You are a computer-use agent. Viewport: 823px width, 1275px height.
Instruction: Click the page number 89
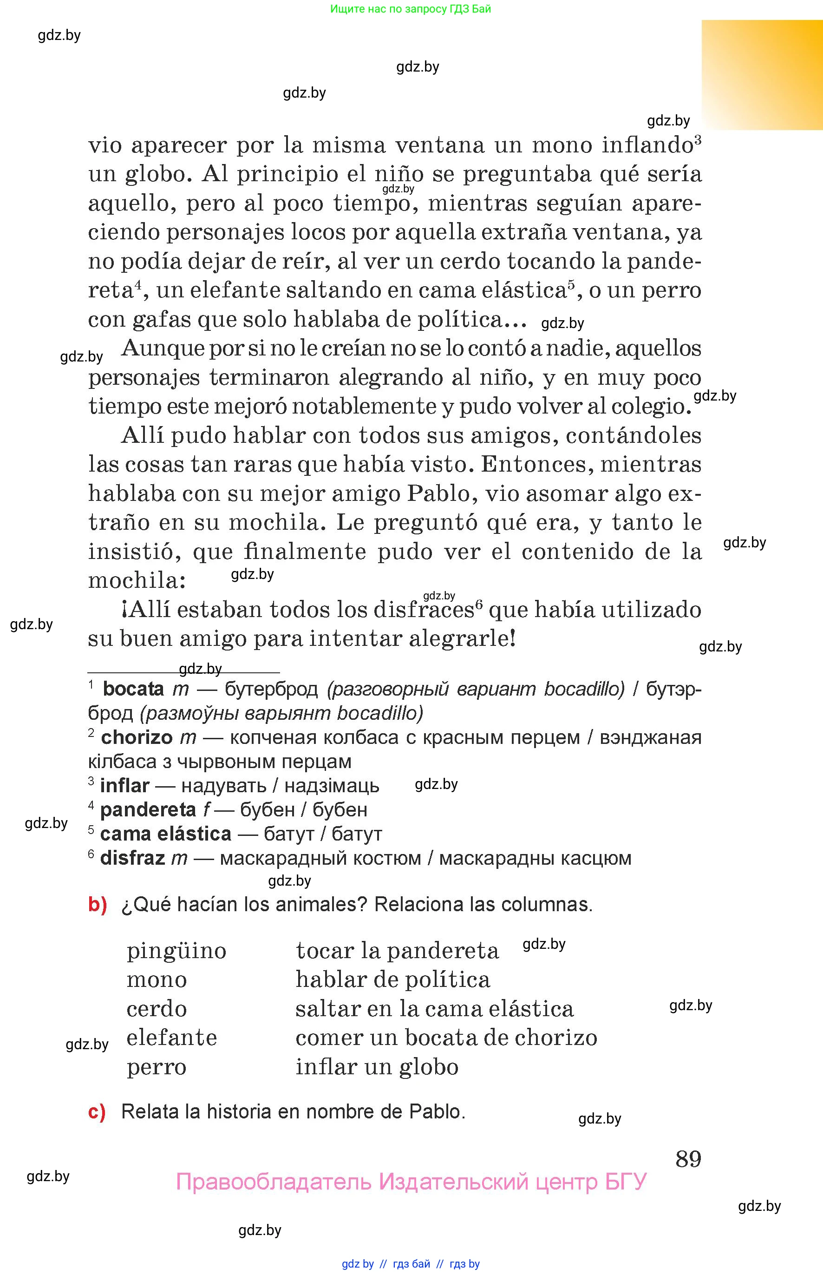coord(688,1159)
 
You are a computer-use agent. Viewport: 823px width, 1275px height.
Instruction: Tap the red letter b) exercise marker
coord(97,904)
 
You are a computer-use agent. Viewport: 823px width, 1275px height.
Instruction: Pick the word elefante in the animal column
coord(171,1038)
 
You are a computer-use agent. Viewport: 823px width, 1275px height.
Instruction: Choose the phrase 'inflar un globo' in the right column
coord(377,1067)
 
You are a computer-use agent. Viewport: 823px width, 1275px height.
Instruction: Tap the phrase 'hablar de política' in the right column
coord(393,980)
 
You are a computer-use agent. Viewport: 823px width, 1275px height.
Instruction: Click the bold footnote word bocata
coord(133,689)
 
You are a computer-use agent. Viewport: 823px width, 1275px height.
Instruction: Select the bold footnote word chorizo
coord(137,738)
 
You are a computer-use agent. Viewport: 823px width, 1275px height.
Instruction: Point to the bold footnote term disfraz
coord(132,858)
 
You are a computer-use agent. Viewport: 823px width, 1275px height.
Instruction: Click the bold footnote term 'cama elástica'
coord(166,834)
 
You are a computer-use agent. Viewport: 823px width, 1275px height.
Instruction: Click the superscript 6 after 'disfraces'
coord(479,605)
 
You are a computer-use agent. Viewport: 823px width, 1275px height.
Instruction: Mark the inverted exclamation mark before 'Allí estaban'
coord(124,610)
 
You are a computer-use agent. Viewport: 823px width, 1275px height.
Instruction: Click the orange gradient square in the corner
coord(762,75)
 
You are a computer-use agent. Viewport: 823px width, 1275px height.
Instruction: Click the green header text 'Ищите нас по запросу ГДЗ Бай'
coord(411,8)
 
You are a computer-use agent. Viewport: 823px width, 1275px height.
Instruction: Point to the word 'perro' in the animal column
coord(157,1067)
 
